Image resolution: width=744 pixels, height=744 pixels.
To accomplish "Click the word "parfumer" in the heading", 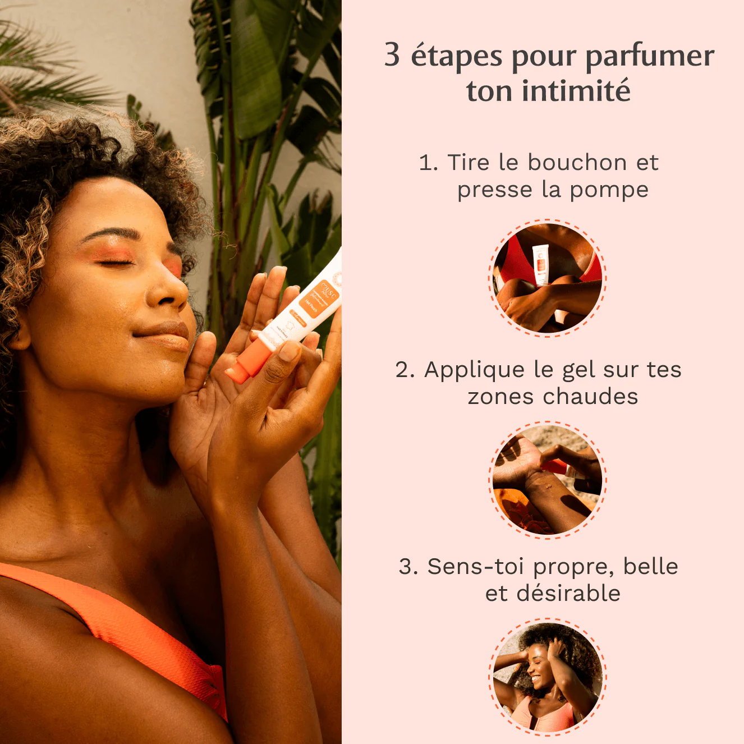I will [650, 56].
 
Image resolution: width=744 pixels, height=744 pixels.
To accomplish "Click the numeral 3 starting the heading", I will [392, 55].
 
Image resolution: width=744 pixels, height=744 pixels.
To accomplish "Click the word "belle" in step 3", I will [650, 567].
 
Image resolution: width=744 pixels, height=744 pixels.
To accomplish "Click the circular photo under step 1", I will [547, 278].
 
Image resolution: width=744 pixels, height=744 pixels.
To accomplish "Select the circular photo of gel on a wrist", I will [547, 480].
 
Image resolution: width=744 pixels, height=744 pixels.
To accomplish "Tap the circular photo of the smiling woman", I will [547, 677].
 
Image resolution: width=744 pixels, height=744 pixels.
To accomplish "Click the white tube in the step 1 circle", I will [540, 264].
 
